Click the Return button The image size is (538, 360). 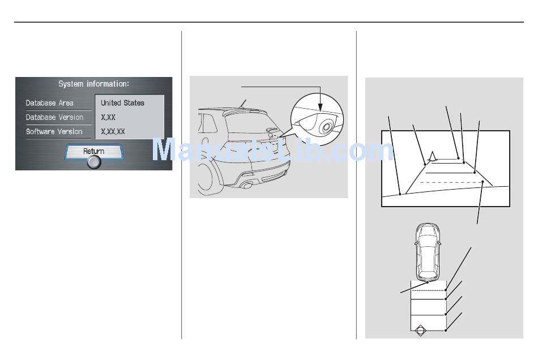click(x=93, y=151)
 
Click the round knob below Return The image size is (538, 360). click(x=93, y=162)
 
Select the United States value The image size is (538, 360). click(x=122, y=103)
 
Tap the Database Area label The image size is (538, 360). click(x=49, y=103)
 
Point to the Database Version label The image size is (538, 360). click(x=54, y=117)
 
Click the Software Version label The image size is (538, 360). click(x=54, y=132)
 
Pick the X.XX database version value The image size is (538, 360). click(x=108, y=117)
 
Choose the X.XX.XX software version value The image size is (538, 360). click(x=113, y=132)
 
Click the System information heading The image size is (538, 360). click(x=93, y=84)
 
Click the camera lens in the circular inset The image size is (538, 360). click(x=326, y=127)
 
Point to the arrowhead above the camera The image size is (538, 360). click(x=320, y=108)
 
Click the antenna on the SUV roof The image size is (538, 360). click(x=244, y=102)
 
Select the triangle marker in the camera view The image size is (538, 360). click(x=432, y=156)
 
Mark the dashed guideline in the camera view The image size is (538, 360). click(x=451, y=182)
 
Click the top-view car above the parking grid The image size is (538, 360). click(x=428, y=252)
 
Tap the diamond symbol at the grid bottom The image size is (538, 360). click(x=420, y=331)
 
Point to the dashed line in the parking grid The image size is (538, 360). click(x=428, y=290)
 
